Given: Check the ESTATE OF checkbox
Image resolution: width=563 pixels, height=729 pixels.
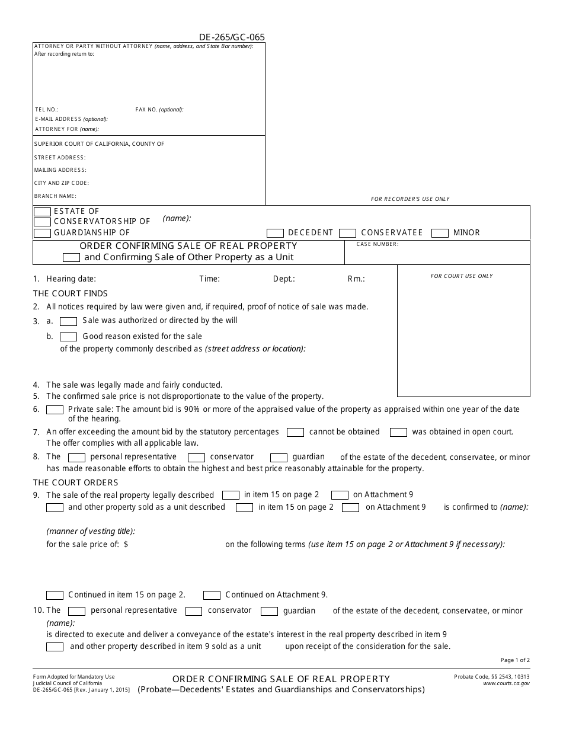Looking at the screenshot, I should click(42, 212).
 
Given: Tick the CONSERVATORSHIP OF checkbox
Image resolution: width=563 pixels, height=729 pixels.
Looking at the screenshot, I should click(42, 222).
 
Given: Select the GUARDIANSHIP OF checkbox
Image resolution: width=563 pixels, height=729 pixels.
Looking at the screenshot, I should click(42, 232).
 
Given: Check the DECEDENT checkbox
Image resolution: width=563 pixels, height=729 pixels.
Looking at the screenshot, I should click(275, 233).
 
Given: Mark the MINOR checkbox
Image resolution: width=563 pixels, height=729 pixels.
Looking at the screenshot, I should click(440, 233).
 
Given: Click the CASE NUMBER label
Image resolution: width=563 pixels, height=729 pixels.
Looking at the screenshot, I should click(378, 244).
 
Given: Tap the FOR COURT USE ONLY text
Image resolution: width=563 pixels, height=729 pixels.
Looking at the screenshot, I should click(462, 276).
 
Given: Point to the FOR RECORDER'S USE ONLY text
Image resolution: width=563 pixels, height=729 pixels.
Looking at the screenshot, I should click(410, 199).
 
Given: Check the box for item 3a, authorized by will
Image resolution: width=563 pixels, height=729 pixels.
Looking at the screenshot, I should click(69, 321).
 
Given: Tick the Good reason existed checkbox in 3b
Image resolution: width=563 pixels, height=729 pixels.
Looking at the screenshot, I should click(69, 337).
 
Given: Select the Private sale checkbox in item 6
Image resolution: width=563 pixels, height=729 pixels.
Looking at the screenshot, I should click(55, 410).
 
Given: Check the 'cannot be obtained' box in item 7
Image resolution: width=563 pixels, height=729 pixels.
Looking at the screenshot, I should click(295, 433).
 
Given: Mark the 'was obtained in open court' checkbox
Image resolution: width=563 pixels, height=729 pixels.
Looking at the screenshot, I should click(398, 433).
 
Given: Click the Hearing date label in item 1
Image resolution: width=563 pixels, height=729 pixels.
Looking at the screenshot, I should click(71, 279).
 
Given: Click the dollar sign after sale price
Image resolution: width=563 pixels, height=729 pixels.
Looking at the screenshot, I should click(126, 544).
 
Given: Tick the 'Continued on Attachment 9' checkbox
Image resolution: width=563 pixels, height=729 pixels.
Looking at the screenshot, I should click(212, 595).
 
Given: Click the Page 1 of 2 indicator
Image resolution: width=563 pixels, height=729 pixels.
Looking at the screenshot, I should click(515, 660).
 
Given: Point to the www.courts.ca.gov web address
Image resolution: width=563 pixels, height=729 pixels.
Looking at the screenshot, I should click(506, 683).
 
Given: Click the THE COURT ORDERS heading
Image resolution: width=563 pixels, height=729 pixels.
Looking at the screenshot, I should click(75, 482).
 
